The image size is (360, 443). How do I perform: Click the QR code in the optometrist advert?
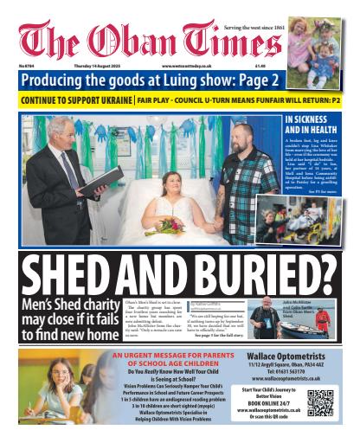pyautogui.click(x=320, y=403)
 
